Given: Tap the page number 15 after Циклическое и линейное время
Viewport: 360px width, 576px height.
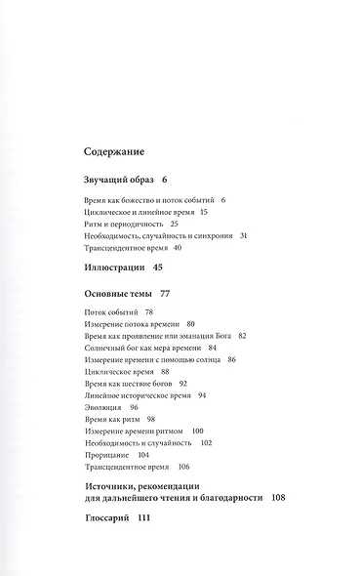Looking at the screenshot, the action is tap(204, 212).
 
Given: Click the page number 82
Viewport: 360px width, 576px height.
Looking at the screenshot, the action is tap(243, 335).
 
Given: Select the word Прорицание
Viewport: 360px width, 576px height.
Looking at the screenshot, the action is tap(100, 455).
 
